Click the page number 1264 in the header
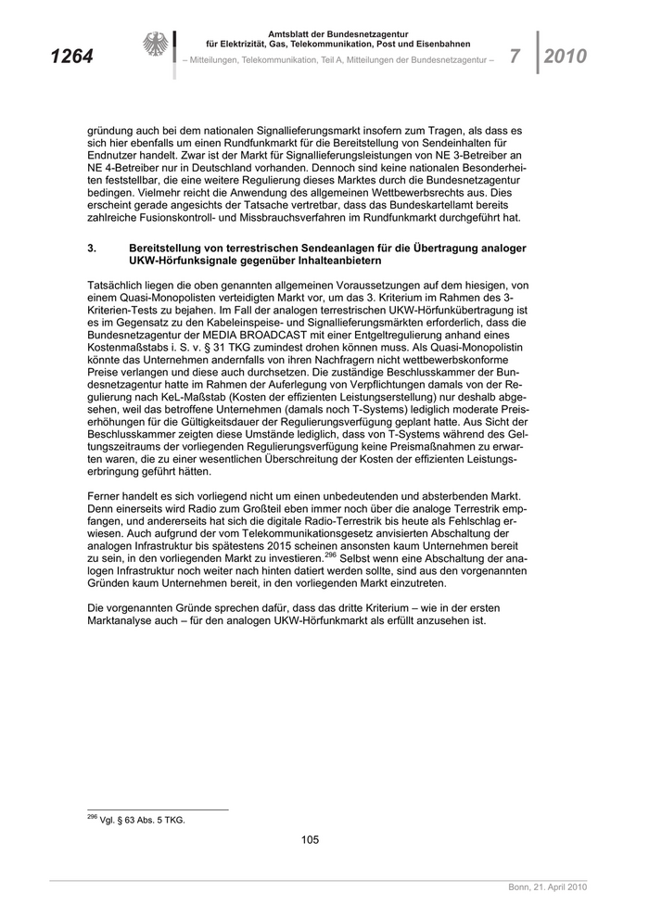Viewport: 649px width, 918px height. click(71, 57)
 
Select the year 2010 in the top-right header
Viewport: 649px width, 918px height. click(565, 57)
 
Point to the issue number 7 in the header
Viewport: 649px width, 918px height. click(515, 57)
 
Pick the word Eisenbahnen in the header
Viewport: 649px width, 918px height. click(440, 44)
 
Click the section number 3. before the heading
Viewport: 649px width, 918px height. click(92, 249)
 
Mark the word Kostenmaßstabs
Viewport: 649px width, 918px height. click(130, 346)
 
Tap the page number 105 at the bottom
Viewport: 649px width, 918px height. click(310, 840)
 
